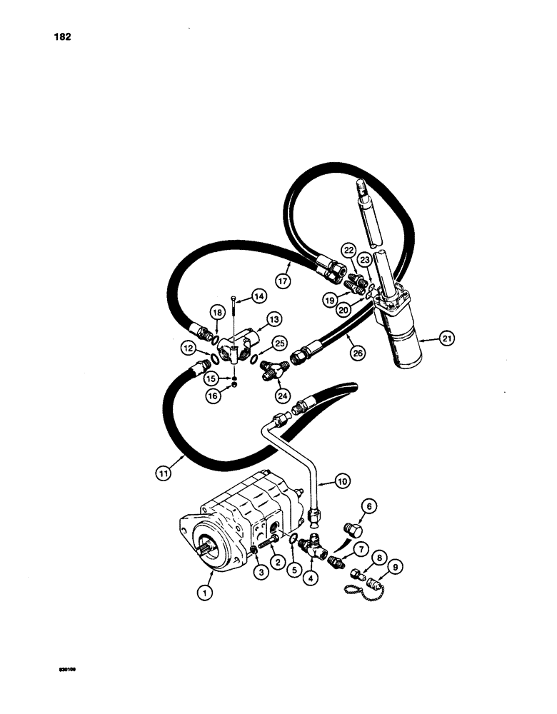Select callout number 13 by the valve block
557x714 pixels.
click(x=274, y=318)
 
